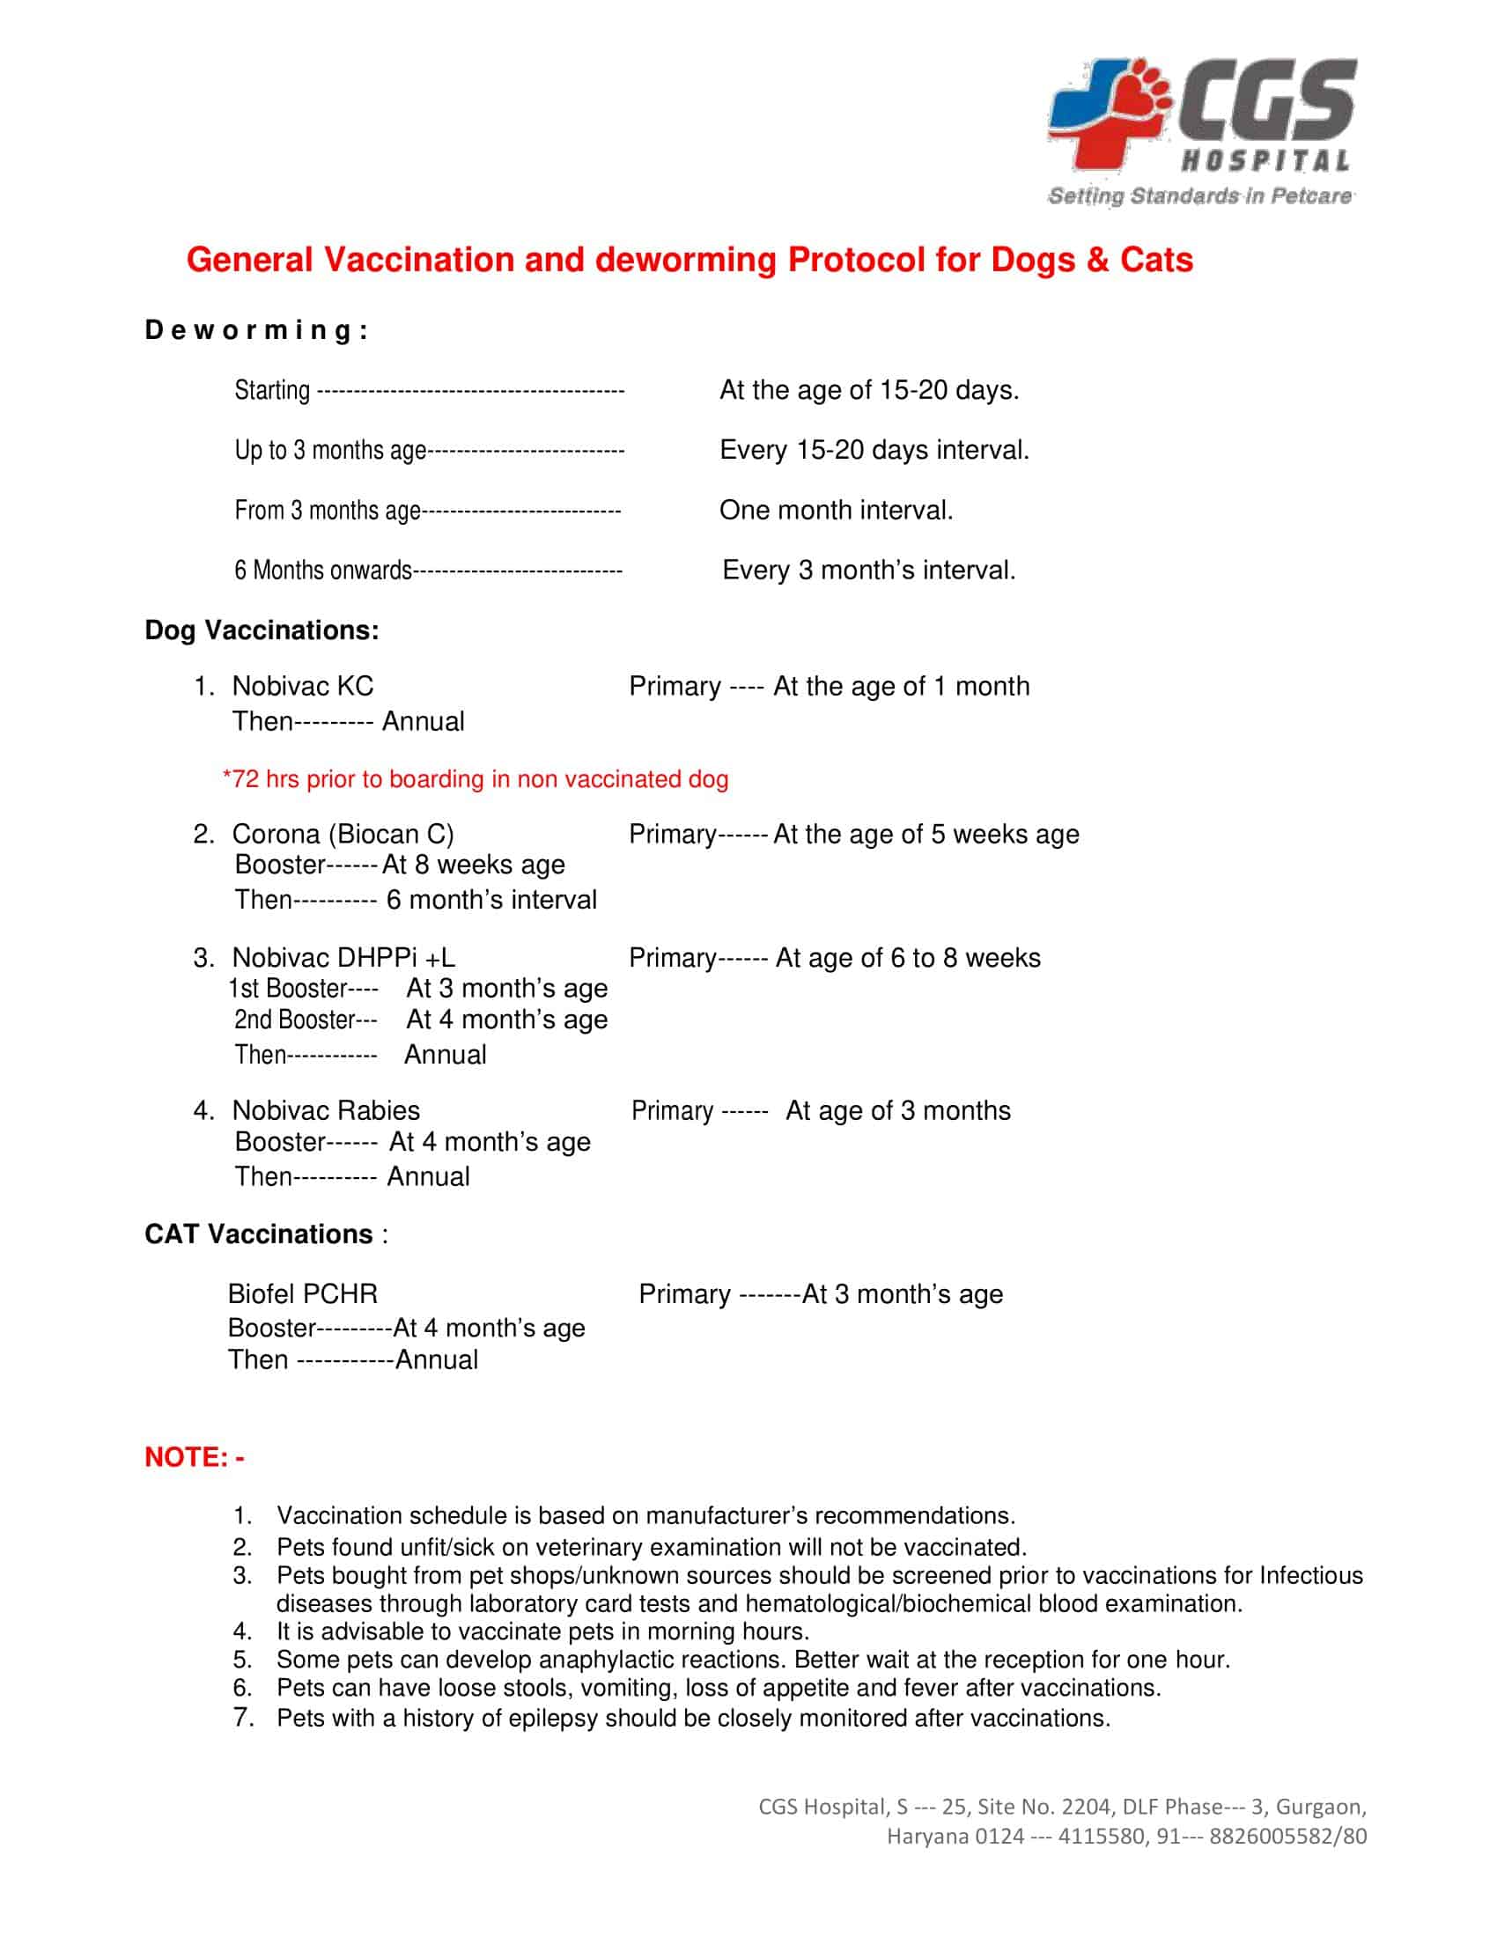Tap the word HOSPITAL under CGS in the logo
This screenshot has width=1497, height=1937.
(1265, 161)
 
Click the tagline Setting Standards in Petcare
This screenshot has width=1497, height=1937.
(1200, 196)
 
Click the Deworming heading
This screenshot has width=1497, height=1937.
(256, 331)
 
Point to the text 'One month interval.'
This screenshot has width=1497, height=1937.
(836, 510)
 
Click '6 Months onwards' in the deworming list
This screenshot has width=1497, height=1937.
(323, 571)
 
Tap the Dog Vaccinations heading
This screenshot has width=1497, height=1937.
(262, 630)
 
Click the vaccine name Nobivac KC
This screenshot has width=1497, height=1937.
(302, 686)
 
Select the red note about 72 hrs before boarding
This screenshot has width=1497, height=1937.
(476, 778)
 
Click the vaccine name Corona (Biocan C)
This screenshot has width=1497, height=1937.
(343, 834)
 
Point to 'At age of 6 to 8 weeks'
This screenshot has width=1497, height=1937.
(907, 958)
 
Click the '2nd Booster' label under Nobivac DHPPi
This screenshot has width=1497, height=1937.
(294, 1020)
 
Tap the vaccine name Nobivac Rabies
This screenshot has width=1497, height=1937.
(326, 1110)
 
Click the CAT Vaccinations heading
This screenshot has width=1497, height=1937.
(259, 1234)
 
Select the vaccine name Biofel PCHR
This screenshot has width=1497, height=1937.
(302, 1294)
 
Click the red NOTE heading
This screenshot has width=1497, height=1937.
(194, 1457)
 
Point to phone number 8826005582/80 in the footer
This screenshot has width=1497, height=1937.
(1287, 1836)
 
